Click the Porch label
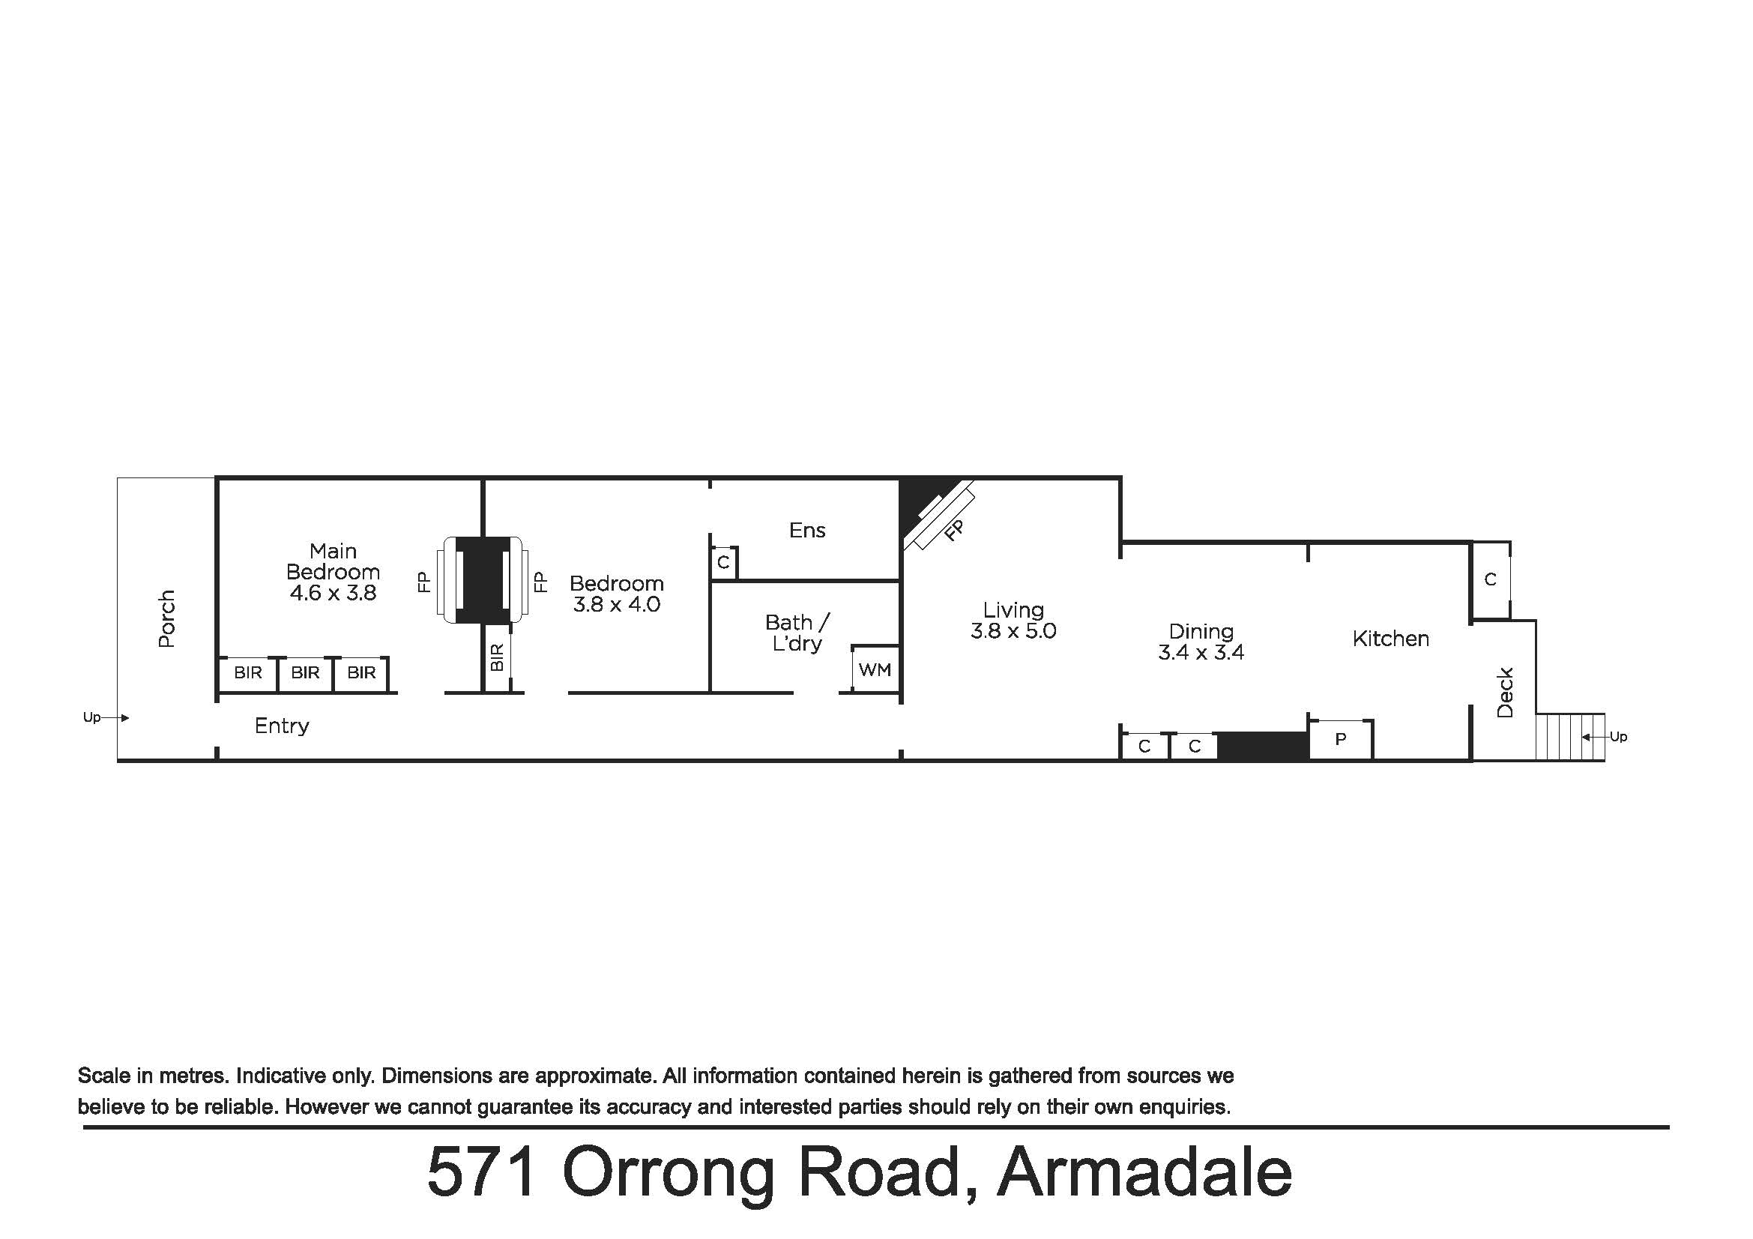166,619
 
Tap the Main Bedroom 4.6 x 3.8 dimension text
333,593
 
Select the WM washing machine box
875,669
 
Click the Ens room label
807,531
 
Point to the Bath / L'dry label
797,633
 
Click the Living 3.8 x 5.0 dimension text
1013,631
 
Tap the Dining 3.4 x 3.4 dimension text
1201,653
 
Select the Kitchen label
1390,639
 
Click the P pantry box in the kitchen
1342,739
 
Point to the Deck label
1505,693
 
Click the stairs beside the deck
1570,737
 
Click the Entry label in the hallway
282,726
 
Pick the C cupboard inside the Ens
724,564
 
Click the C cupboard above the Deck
1491,580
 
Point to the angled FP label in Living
954,530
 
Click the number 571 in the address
483,1172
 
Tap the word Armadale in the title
1144,1172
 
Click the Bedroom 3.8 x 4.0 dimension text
617,605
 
